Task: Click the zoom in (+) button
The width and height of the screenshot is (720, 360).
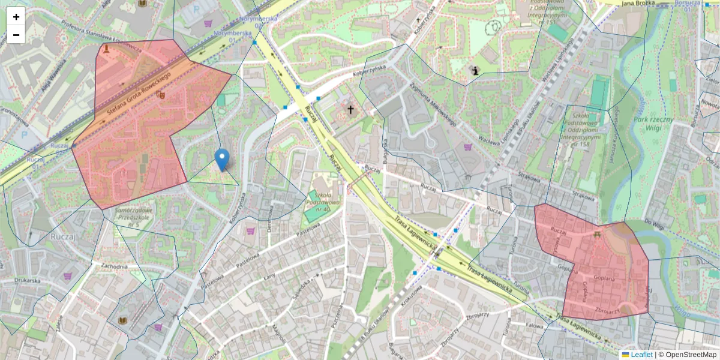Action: click(x=16, y=17)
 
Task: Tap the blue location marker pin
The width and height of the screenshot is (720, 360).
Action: click(x=222, y=160)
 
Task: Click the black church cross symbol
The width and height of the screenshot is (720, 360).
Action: click(x=350, y=110)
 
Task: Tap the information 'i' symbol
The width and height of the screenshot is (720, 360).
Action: click(x=476, y=71)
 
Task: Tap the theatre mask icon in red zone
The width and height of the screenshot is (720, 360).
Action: click(x=161, y=94)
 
